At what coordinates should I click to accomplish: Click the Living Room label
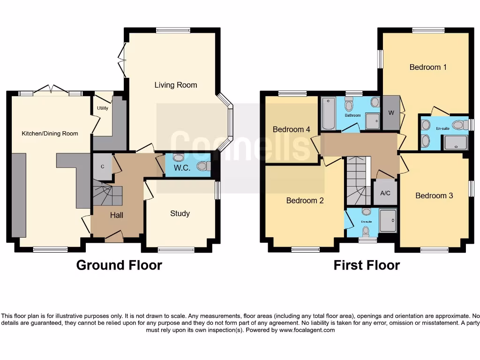point(176,85)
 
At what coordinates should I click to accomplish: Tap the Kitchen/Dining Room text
point(50,134)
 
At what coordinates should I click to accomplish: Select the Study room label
point(180,213)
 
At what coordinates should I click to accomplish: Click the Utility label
point(102,108)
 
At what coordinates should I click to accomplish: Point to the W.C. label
point(182,168)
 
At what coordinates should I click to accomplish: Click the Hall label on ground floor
point(117,215)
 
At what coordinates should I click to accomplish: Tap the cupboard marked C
point(102,167)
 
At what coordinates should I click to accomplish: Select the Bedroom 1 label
point(428,67)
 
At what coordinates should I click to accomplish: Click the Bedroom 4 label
point(288,129)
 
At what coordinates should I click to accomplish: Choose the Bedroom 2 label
point(305,200)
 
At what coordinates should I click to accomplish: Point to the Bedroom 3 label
point(434,195)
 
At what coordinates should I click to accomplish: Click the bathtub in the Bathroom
point(328,112)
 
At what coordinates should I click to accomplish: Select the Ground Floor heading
point(119,265)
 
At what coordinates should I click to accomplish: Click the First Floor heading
point(367,265)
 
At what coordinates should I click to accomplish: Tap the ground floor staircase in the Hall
point(106,195)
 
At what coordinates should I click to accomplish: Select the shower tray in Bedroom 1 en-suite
point(455,142)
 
